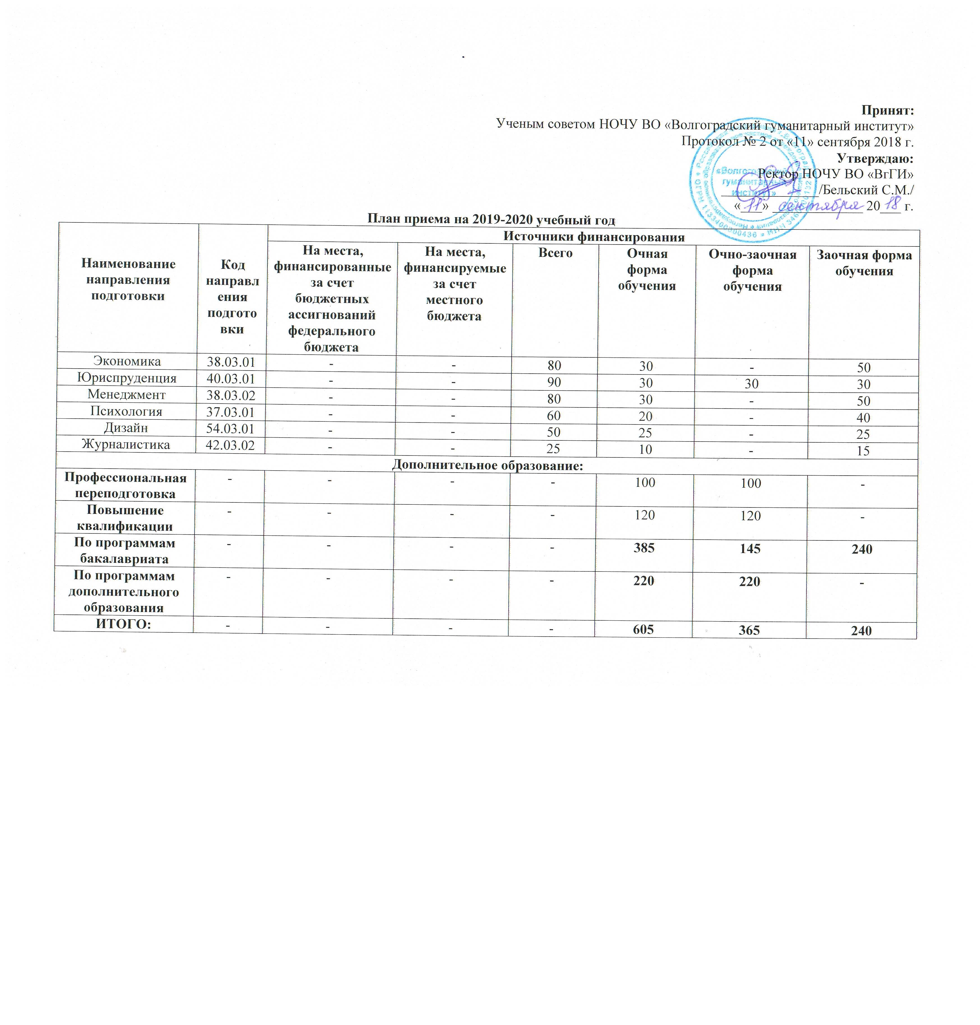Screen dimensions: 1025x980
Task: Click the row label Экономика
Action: click(x=127, y=361)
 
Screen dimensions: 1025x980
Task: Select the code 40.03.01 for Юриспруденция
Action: click(x=230, y=378)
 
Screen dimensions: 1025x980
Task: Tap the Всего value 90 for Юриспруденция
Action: click(x=554, y=382)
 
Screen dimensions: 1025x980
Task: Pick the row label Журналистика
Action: click(x=126, y=445)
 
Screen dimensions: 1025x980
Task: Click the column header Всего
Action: click(x=556, y=253)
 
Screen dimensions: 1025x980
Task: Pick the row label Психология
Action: click(x=126, y=411)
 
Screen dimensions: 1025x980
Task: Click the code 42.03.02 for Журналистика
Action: click(x=230, y=445)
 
